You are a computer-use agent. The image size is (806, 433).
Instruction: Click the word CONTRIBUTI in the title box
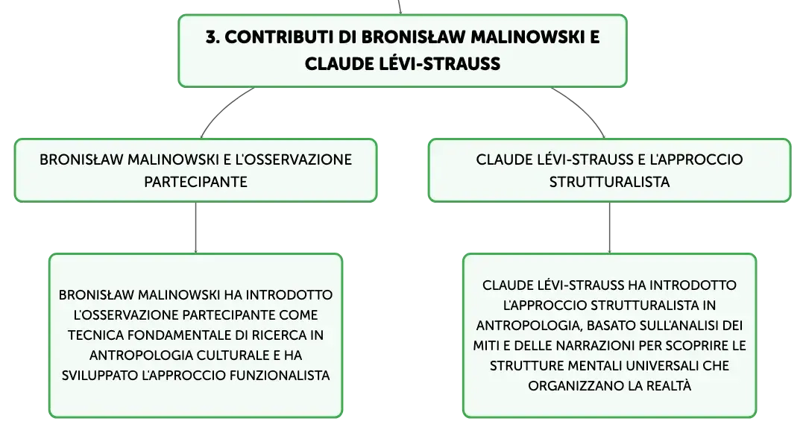point(279,37)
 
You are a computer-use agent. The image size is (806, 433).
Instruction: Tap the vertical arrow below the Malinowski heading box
point(196,227)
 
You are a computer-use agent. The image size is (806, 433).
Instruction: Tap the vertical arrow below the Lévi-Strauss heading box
point(610,227)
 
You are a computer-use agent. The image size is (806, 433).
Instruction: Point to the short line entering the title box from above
point(400,7)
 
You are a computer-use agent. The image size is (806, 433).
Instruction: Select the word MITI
point(485,346)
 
